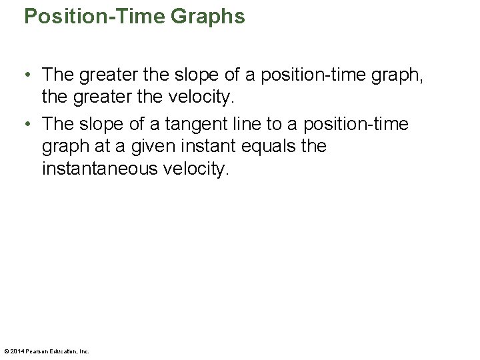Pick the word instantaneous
(99, 169)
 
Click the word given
(149, 146)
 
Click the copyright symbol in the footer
(6, 351)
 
